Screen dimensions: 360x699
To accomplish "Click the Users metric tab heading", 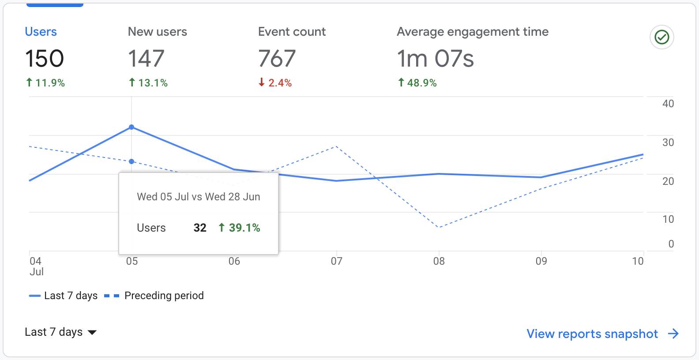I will (x=41, y=32).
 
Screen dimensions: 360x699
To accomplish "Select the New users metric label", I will (x=157, y=32).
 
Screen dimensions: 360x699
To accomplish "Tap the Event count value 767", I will (x=277, y=59).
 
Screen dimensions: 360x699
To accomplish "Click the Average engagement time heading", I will (x=472, y=32).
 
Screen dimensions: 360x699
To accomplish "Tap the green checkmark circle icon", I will (x=661, y=37).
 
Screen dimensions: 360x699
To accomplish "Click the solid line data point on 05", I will (x=132, y=127).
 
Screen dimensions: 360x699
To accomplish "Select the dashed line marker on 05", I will (x=132, y=161).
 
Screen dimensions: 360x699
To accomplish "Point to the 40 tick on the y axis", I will (x=668, y=104).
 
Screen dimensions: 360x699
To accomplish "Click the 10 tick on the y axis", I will (x=668, y=219).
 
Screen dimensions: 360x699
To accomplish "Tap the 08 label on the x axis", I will (x=439, y=261).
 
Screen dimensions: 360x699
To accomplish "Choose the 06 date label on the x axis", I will (x=234, y=261).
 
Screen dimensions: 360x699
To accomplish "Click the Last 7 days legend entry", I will (x=64, y=296).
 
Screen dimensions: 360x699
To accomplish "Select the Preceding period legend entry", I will (x=154, y=296).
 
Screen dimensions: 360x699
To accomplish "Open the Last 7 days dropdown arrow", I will (x=92, y=332).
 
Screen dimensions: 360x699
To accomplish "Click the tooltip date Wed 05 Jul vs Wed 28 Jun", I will (x=198, y=197).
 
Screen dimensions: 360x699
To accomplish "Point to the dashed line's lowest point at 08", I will (x=439, y=227).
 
